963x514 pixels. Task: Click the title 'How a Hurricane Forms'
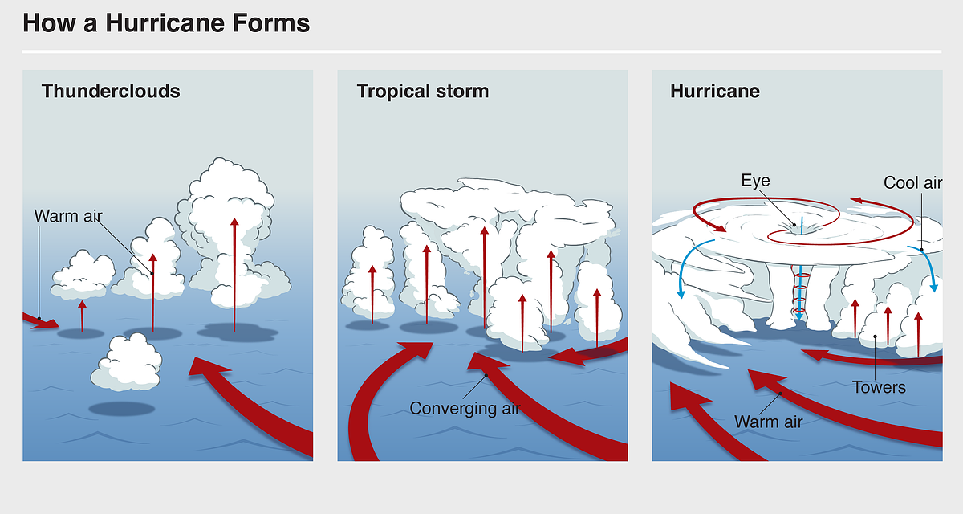[x=166, y=22]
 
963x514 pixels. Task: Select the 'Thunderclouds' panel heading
[x=111, y=92]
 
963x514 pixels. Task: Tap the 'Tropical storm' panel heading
[x=423, y=92]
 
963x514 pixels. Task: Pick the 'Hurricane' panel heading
[x=715, y=92]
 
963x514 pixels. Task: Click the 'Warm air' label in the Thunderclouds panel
[x=68, y=216]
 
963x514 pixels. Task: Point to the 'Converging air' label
[x=465, y=409]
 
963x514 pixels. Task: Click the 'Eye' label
[x=755, y=181]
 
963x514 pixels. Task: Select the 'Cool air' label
[x=912, y=183]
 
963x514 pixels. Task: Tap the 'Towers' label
[x=879, y=388]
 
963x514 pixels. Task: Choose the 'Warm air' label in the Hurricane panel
[x=768, y=422]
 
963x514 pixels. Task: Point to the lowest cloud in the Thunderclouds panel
[x=127, y=362]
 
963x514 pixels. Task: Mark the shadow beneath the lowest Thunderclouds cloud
[x=122, y=409]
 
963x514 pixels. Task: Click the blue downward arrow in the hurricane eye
[x=799, y=292]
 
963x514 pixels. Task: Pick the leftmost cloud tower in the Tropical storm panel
[x=368, y=275]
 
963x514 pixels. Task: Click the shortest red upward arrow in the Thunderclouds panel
[x=82, y=316]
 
